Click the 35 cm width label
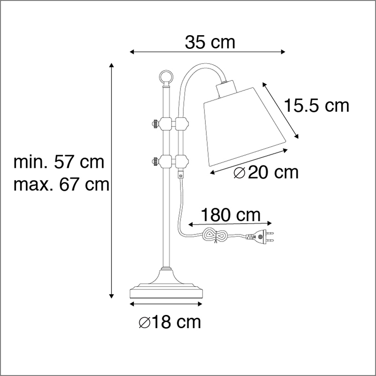pos(210,42)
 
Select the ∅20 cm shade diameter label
pos(266,172)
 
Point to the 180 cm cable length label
pos(230,215)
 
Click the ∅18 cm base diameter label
pos(170,322)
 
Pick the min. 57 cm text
pos(59,162)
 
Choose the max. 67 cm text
pos(62,184)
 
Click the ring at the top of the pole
pos(166,77)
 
